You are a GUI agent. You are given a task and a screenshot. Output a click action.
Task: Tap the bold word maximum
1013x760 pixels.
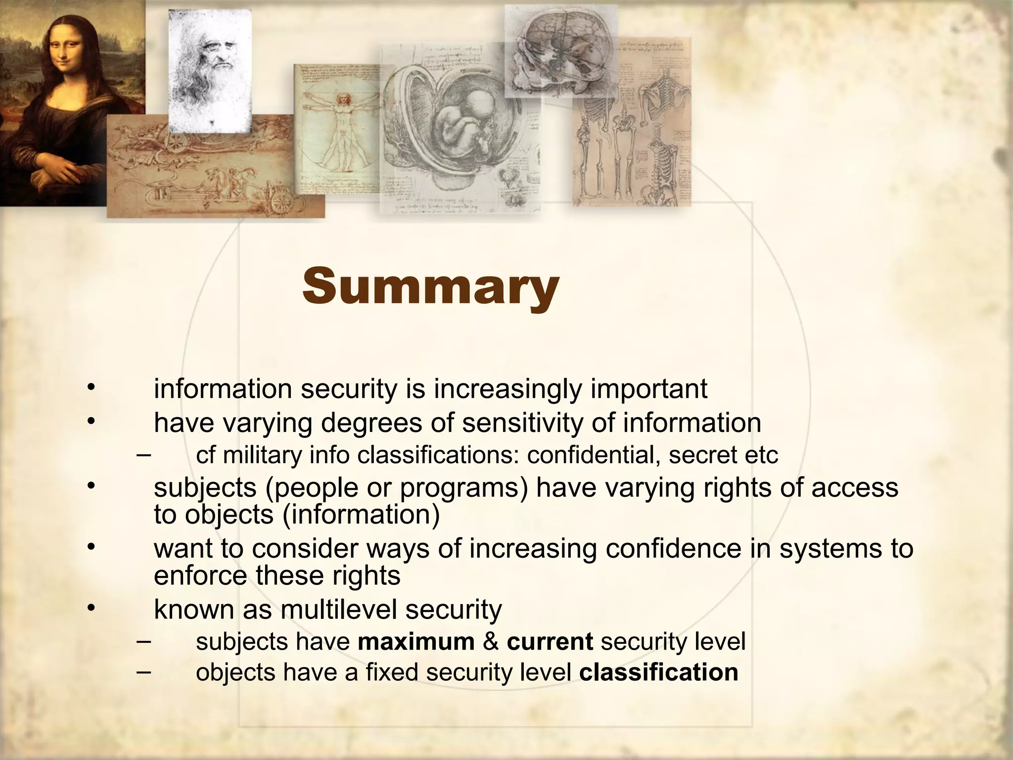tap(416, 642)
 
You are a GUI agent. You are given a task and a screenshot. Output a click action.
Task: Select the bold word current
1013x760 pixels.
tap(550, 642)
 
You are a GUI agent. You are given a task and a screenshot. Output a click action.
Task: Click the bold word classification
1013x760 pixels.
tap(658, 672)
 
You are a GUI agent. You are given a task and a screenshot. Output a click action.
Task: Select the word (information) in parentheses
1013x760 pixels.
tap(361, 515)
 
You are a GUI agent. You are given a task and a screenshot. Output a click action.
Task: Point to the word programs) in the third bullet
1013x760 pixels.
tap(464, 488)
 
